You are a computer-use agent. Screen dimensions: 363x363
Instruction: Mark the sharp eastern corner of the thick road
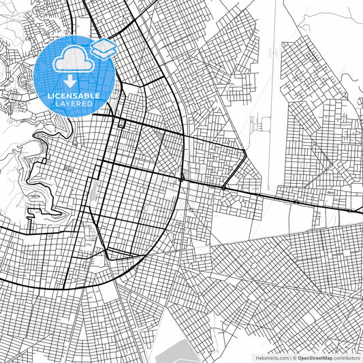pos(245,152)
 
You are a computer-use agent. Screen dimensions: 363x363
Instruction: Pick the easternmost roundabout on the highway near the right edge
pos(349,210)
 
